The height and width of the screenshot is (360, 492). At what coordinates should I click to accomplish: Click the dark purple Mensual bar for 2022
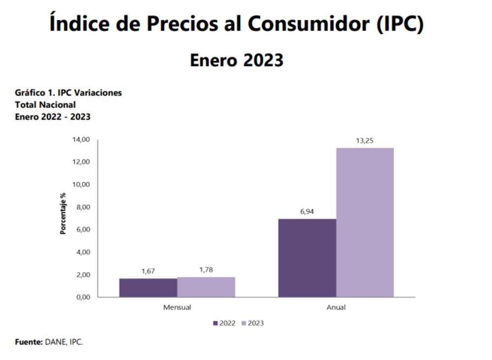click(x=148, y=288)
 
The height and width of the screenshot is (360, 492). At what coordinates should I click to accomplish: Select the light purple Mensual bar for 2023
click(x=206, y=287)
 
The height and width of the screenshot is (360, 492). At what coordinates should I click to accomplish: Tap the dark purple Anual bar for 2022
click(x=307, y=258)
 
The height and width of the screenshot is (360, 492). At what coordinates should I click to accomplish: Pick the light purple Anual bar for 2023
click(x=365, y=223)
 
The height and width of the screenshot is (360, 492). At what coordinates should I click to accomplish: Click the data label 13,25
click(x=365, y=141)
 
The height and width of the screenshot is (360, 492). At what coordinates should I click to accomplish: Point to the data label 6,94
click(x=307, y=212)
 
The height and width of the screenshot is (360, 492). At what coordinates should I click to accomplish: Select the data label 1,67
click(x=148, y=271)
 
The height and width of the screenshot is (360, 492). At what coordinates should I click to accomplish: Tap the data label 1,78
click(x=206, y=270)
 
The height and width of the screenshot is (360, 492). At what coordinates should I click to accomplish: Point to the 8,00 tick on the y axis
click(x=82, y=207)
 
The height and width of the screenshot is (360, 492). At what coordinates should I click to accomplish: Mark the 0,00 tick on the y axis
click(x=82, y=297)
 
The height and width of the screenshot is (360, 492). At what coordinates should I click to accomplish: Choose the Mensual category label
click(x=177, y=307)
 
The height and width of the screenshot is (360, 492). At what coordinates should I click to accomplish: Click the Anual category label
click(x=336, y=307)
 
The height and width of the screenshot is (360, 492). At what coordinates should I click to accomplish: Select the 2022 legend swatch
click(x=215, y=323)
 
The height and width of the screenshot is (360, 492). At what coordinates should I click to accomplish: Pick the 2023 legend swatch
click(x=245, y=323)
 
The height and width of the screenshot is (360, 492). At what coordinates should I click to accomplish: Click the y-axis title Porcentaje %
click(x=63, y=213)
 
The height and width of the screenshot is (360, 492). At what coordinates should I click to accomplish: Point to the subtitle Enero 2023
click(x=237, y=60)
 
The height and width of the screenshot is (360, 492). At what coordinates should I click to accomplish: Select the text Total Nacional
click(x=45, y=104)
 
